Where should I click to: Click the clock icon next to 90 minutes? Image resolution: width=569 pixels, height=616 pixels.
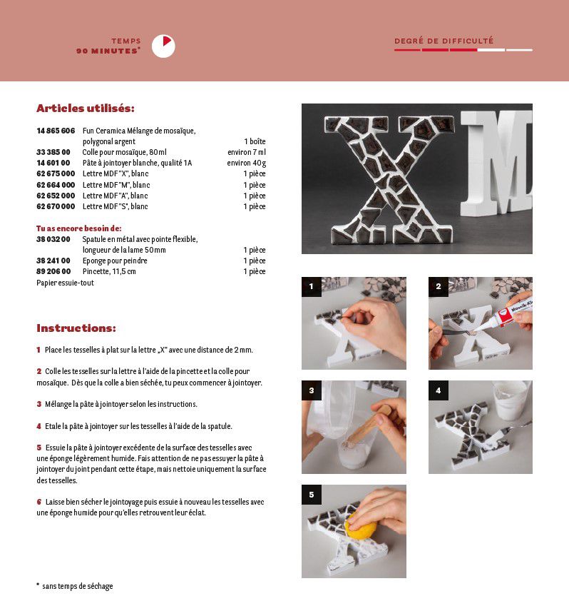pyautogui.click(x=163, y=46)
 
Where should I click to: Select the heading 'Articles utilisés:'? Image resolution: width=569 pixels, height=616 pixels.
pyautogui.click(x=86, y=108)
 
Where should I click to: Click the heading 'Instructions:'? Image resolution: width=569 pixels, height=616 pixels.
pyautogui.click(x=76, y=328)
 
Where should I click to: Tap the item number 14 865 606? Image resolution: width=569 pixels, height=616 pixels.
pyautogui.click(x=56, y=131)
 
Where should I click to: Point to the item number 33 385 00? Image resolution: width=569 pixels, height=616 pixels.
pyautogui.click(x=53, y=152)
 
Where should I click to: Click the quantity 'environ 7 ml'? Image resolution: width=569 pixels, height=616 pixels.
pyautogui.click(x=247, y=152)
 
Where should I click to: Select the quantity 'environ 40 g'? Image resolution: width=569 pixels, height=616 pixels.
pyautogui.click(x=247, y=163)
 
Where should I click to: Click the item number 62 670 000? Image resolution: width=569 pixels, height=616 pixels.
pyautogui.click(x=56, y=207)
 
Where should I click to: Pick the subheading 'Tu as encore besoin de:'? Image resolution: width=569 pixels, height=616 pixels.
pyautogui.click(x=79, y=228)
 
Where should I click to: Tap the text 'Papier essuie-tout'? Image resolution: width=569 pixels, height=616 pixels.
pyautogui.click(x=65, y=283)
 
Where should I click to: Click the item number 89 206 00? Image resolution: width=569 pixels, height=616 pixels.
pyautogui.click(x=53, y=272)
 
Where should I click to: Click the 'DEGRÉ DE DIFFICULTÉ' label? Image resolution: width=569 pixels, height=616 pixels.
pyautogui.click(x=444, y=41)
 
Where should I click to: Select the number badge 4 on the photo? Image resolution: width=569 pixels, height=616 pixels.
pyautogui.click(x=438, y=390)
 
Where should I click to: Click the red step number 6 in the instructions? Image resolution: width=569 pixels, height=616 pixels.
pyautogui.click(x=39, y=502)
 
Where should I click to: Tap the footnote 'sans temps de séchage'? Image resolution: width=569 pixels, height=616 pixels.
pyautogui.click(x=77, y=586)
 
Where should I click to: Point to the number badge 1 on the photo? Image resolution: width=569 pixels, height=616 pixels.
pyautogui.click(x=311, y=287)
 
